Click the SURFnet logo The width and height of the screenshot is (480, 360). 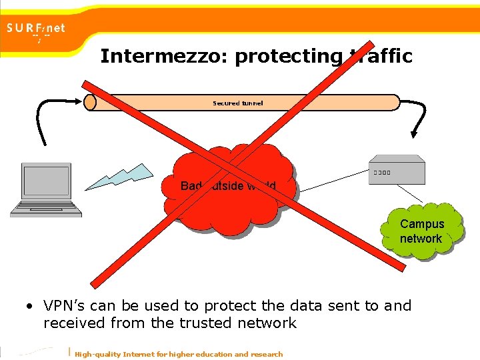click(x=37, y=30)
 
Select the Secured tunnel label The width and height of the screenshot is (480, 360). click(x=238, y=103)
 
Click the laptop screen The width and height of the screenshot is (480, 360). click(x=47, y=181)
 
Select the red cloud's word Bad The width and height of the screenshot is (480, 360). click(x=191, y=186)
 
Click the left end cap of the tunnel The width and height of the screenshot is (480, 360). click(x=90, y=102)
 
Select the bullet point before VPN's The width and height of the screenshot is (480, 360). click(x=31, y=307)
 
